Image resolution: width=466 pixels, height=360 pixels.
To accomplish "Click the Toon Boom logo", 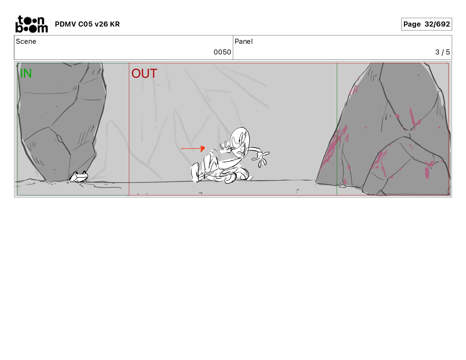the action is point(32,24).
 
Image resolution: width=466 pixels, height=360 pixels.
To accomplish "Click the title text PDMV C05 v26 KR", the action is point(87,24).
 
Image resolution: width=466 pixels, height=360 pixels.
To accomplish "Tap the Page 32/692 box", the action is point(426,24).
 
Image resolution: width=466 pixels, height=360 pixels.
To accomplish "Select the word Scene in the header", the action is point(26,42).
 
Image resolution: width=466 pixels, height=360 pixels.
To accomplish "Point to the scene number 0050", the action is point(222,52).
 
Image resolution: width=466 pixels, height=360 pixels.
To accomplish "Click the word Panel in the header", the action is point(244,42).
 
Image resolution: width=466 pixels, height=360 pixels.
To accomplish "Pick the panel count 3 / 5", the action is point(442,52).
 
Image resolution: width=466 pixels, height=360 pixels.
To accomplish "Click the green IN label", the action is point(26,73).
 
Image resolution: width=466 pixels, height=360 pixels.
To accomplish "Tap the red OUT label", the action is point(144,73).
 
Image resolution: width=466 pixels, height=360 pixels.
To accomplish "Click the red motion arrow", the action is point(193,148).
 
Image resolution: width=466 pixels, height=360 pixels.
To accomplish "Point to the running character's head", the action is point(240,141).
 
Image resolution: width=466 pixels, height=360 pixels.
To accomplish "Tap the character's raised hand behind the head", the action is point(225,147).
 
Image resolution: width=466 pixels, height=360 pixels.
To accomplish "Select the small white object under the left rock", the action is point(79,177).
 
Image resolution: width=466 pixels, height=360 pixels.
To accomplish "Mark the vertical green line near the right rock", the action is point(337,129).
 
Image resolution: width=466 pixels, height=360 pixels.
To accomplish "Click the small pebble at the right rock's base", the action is point(343,186).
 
